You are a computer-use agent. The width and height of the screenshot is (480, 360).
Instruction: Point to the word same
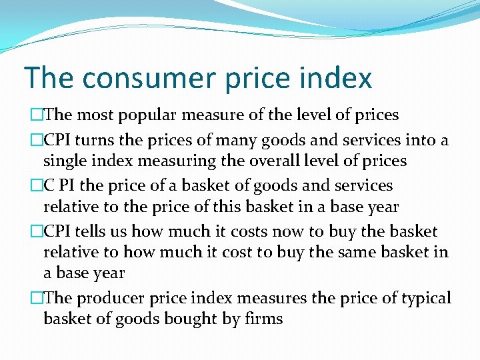[354, 252]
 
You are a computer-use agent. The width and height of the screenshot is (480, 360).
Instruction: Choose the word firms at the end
[263, 319]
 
